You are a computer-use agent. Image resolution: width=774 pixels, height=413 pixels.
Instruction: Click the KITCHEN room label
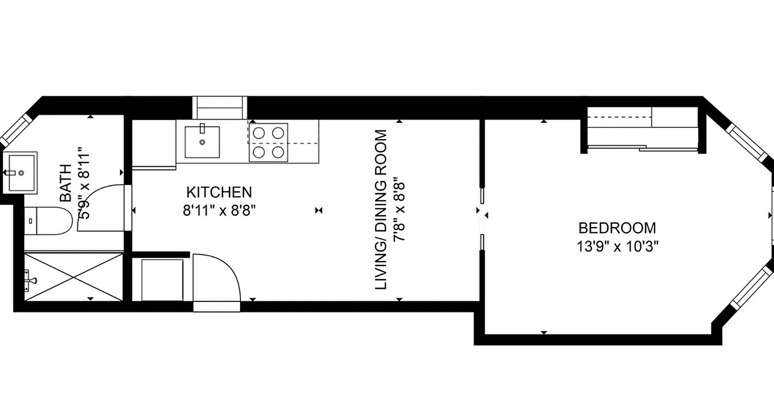[219, 193]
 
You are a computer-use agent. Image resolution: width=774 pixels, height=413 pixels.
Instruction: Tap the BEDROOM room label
[617, 228]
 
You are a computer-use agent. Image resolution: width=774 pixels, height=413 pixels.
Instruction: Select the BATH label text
[66, 183]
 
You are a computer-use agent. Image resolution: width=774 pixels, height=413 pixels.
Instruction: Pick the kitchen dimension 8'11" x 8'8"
[220, 211]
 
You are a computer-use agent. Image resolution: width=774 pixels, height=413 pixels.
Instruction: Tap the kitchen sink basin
[202, 142]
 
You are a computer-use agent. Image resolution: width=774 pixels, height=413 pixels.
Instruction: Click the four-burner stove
[268, 142]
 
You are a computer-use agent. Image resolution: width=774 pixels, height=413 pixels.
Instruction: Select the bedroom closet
[643, 129]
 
